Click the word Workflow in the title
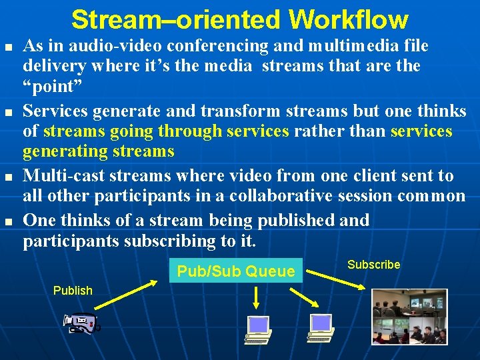click(349, 19)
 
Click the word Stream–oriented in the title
click(177, 19)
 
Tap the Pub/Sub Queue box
click(235, 271)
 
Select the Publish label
click(73, 290)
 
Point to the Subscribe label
click(373, 265)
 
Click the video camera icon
click(81, 324)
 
